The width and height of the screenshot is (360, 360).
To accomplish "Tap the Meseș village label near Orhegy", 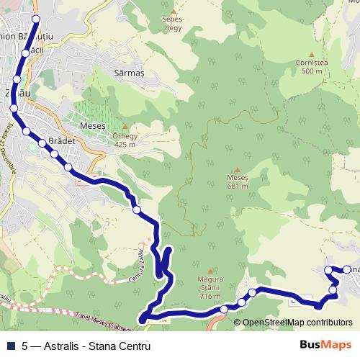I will click(x=92, y=125).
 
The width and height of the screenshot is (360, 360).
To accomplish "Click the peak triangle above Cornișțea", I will click(x=311, y=54).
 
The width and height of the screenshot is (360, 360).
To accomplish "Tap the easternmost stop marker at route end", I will click(x=346, y=269).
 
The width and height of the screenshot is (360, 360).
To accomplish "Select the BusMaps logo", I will click(x=326, y=346).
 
